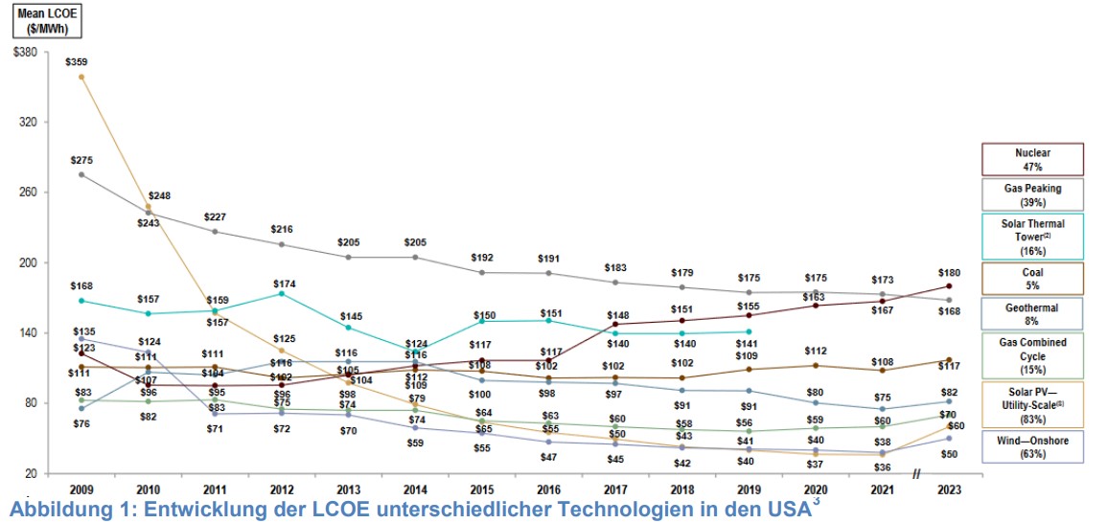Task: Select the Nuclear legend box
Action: [1032, 159]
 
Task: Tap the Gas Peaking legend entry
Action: [1032, 195]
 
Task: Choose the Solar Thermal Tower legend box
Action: [1032, 236]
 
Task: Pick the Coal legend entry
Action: [1032, 277]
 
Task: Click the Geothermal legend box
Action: [1032, 312]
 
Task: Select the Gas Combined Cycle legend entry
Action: [1032, 353]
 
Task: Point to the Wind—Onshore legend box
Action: [1032, 445]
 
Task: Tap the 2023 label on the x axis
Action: [949, 489]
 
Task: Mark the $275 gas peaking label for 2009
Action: [81, 159]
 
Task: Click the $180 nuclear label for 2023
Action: [949, 273]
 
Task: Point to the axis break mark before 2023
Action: [916, 473]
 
